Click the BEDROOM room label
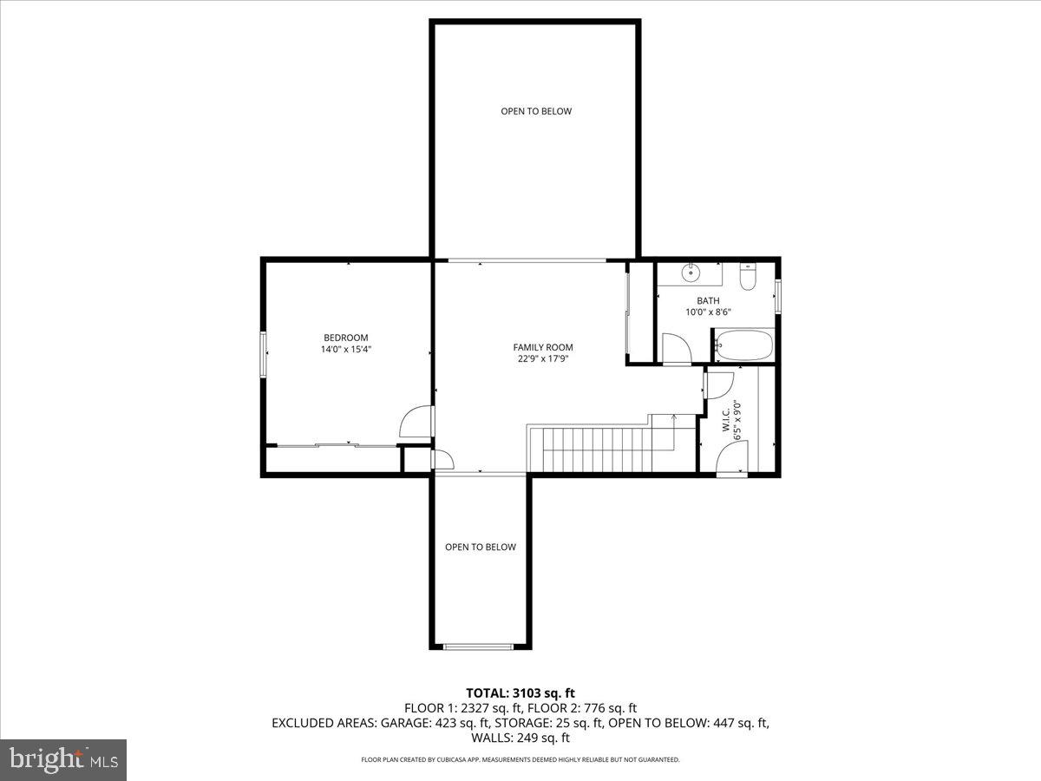(346, 338)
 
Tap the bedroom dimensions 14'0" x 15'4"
(346, 350)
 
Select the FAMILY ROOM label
(543, 347)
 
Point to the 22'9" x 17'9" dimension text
(543, 359)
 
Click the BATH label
(708, 301)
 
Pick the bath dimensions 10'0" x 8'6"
(708, 312)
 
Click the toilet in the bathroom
(748, 276)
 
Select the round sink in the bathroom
(691, 272)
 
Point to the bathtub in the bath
(743, 346)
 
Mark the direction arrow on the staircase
(674, 420)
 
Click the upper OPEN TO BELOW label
(536, 111)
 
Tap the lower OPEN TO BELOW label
(481, 547)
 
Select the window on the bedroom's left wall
(264, 354)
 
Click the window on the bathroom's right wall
(778, 296)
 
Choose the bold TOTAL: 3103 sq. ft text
(520, 692)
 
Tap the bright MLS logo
(63, 760)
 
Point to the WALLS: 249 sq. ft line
(520, 738)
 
